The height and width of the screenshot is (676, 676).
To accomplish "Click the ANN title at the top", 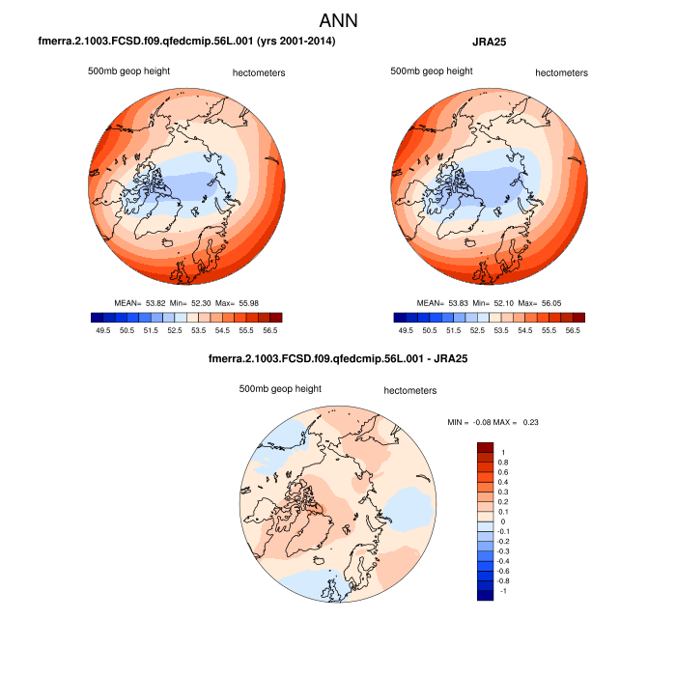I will [x=338, y=20].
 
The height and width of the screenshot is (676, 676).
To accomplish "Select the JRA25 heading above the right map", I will [x=491, y=42].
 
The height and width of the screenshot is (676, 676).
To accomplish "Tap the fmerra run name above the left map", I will [x=186, y=42].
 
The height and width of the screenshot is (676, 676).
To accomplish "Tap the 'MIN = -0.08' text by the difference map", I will [x=472, y=421].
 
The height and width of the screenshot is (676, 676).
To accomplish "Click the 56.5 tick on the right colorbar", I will [x=573, y=330].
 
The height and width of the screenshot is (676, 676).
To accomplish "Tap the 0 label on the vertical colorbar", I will [x=504, y=521].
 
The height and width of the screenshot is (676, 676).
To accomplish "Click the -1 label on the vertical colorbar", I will [x=503, y=591].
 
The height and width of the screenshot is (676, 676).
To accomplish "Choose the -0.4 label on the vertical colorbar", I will [x=505, y=561].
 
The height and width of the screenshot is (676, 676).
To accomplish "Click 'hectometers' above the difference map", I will [x=410, y=391].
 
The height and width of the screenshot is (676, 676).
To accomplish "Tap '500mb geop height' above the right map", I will [x=431, y=71].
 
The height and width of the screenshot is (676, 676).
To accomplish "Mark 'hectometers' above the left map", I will [x=260, y=72].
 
